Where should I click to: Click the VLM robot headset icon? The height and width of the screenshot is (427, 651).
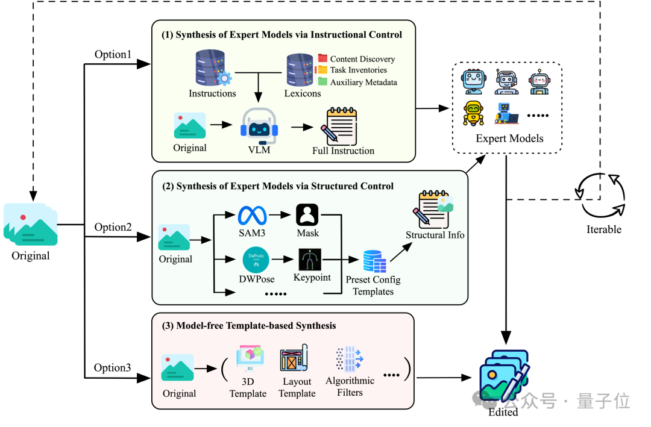[259, 126]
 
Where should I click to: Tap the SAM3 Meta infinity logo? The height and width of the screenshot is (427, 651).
[252, 216]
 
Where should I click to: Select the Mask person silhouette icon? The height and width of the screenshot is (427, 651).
[307, 215]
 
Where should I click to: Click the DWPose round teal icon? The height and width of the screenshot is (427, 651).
[256, 260]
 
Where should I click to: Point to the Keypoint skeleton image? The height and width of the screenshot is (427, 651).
[310, 260]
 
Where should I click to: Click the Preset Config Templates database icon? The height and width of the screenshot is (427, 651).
[374, 261]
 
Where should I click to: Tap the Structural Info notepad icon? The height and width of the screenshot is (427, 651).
[433, 209]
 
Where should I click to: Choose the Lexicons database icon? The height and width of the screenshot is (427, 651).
[300, 70]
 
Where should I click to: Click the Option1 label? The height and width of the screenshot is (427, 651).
[113, 54]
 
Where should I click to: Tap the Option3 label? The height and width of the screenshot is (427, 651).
[112, 367]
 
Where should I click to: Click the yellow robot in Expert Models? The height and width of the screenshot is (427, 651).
[473, 113]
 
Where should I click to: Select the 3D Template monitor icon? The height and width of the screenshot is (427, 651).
[250, 358]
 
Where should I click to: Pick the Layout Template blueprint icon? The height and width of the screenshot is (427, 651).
[294, 357]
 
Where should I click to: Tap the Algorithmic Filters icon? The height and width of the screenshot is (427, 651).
[350, 359]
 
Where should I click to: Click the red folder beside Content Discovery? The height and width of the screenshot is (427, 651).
[322, 58]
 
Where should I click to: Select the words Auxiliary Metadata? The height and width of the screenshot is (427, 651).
[363, 82]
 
